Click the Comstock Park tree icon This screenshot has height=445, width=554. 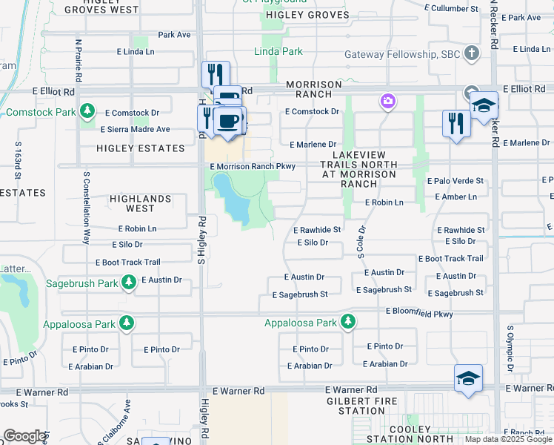coord(88,112)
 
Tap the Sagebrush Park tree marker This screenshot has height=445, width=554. coord(129,283)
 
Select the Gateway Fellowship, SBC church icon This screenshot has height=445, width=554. coord(471,55)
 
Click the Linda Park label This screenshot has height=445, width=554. coord(278,52)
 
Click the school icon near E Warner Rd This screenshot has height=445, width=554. coord(468,378)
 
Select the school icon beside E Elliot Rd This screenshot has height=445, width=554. coord(484,105)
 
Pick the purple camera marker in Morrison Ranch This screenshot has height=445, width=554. coord(387,101)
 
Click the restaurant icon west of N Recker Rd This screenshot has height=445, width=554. coord(456,122)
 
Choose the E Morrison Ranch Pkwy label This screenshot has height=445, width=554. coord(253,166)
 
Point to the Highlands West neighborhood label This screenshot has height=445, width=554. coord(141,199)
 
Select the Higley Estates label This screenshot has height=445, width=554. coord(140,148)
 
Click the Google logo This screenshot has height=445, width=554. coord(24,435)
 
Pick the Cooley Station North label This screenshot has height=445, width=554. coord(410,435)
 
